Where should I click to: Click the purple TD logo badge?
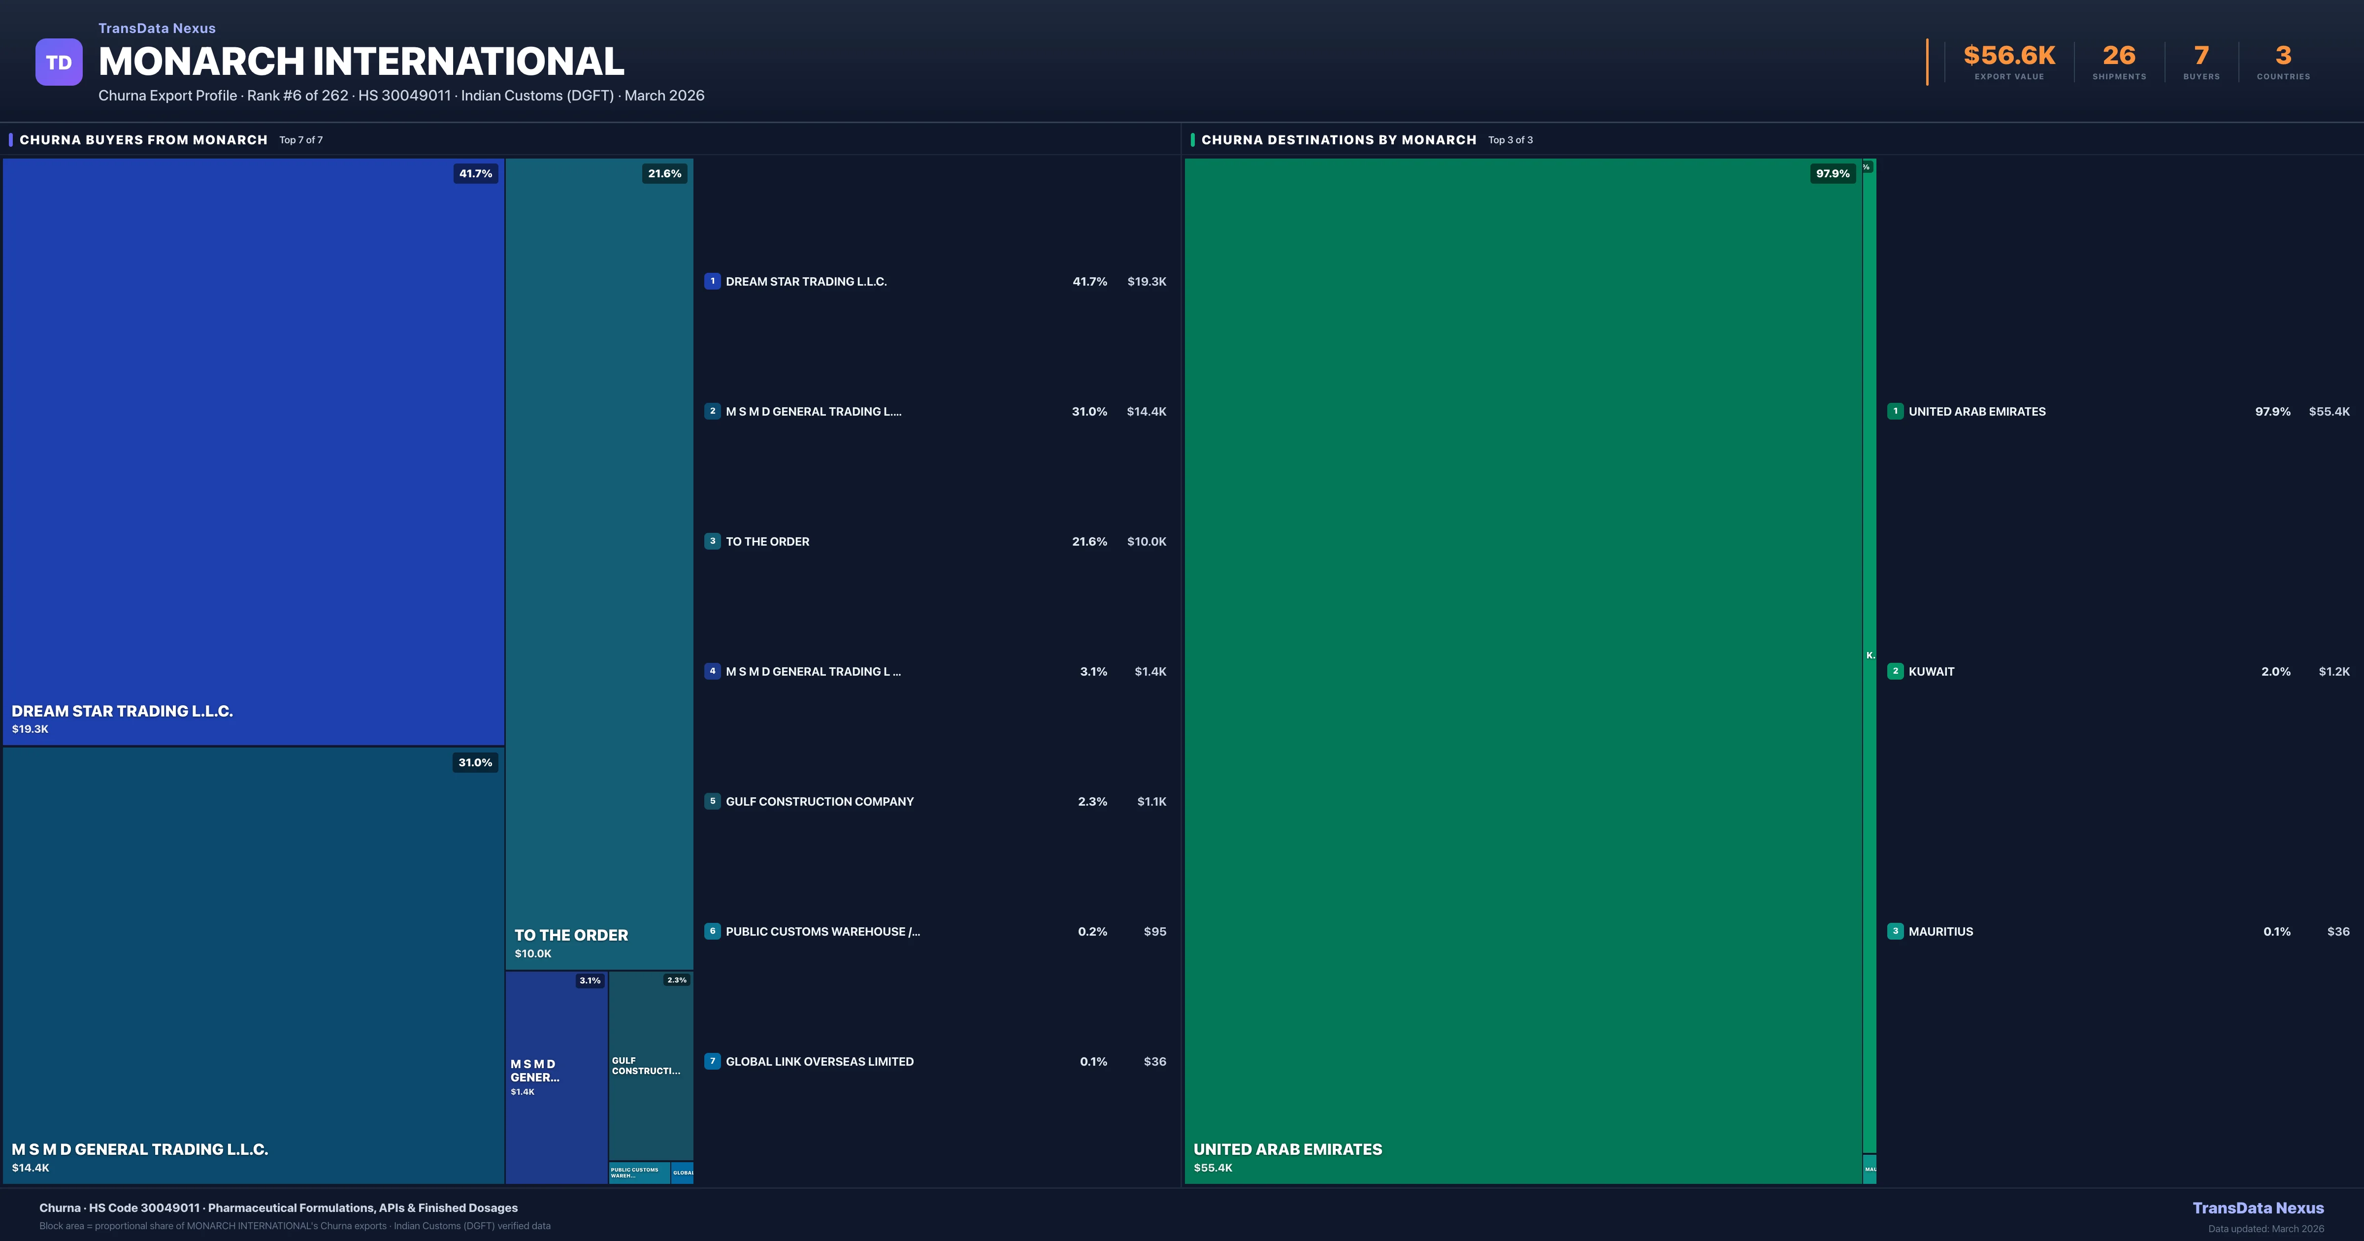[59, 63]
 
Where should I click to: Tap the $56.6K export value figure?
[2009, 56]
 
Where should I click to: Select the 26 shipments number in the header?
[2119, 56]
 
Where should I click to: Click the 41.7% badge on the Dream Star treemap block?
[475, 173]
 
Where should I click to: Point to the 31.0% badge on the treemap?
[475, 763]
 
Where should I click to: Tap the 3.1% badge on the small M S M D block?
[590, 980]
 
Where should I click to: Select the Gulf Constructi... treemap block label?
[646, 1066]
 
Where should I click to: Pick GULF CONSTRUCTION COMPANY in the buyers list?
[820, 801]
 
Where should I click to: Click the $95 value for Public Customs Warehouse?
[1154, 932]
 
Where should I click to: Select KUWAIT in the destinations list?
[1931, 672]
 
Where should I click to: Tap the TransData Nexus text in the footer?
[2258, 1208]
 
